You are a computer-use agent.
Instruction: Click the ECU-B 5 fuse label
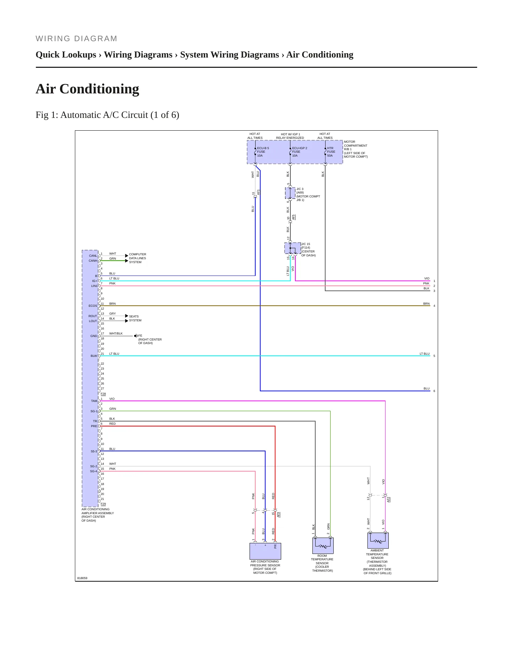coord(263,152)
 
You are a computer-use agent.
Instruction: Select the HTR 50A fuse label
coord(331,152)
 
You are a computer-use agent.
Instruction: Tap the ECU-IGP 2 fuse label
coord(300,152)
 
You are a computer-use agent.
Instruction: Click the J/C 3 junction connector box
coord(290,193)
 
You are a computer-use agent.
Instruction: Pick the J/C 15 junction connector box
coord(293,248)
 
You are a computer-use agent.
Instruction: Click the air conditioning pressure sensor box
coord(265,551)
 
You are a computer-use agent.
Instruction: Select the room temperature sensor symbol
coord(323,545)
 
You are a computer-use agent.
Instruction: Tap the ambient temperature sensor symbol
coord(378,540)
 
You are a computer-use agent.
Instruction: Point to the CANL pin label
coord(93,256)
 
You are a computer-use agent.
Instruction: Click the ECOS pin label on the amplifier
coord(93,306)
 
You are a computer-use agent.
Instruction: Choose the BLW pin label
coord(94,356)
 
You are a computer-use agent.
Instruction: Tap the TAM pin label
coord(94,401)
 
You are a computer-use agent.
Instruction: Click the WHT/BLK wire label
coord(116,333)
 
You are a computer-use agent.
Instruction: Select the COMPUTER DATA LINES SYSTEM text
coord(137,258)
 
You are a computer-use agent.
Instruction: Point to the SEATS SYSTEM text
coord(135,318)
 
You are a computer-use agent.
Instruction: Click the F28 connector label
coord(103,394)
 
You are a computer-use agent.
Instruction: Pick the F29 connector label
coord(103,504)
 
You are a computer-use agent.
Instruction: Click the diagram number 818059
coord(82,578)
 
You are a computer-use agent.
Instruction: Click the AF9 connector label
coord(278,514)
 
